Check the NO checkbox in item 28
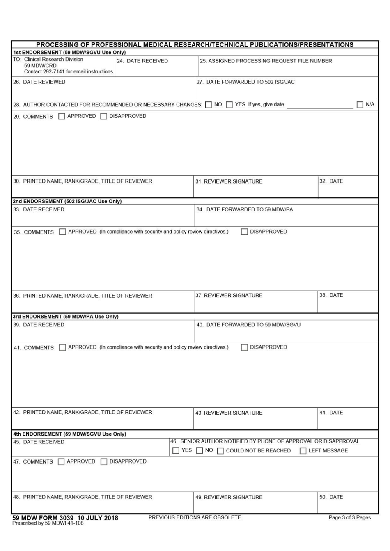point(209,105)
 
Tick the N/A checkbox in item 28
point(360,105)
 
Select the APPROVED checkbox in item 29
point(62,116)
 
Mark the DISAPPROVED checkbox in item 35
point(244,232)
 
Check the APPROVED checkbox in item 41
point(62,347)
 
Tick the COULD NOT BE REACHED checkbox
point(220,451)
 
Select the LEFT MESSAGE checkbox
point(303,451)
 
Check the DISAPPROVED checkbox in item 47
point(104,462)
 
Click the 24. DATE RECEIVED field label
point(142,61)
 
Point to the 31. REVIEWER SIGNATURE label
point(229,181)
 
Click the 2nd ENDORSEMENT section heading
point(67,201)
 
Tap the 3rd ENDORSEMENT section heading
point(65,317)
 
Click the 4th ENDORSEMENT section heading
point(69,434)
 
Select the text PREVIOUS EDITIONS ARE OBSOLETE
point(195,517)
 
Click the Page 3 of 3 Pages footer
point(349,517)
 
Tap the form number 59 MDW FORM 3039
point(43,518)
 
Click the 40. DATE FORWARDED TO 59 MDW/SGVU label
point(248,325)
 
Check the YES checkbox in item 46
point(176,451)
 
